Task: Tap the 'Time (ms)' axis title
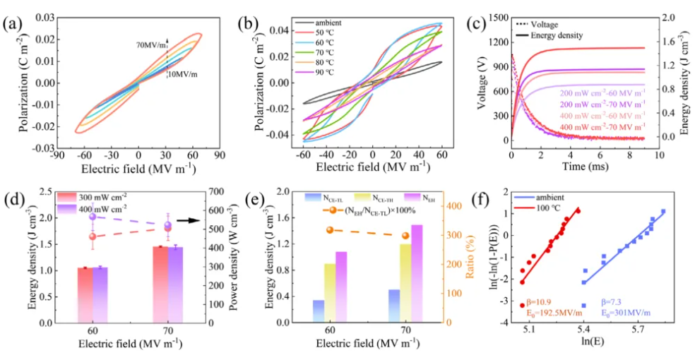tap(583, 168)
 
